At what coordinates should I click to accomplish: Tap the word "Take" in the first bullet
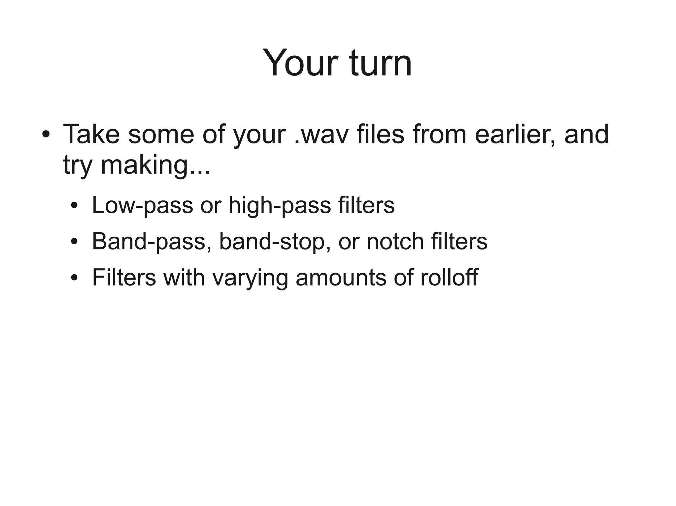[x=91, y=134]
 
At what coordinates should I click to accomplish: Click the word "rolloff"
[x=449, y=277]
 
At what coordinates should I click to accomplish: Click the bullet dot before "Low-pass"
[x=75, y=206]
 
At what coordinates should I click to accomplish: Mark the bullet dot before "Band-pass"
[x=75, y=242]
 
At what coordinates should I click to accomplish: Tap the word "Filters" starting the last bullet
[x=124, y=277]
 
